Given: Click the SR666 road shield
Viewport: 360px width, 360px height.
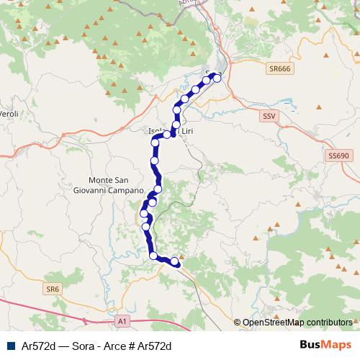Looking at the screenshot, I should pyautogui.click(x=278, y=68).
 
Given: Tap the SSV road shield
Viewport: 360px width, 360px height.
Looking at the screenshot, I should pyautogui.click(x=269, y=115).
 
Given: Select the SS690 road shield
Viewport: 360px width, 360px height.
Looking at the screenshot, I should pyautogui.click(x=338, y=155).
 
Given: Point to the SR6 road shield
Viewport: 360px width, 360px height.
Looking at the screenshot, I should pyautogui.click(x=51, y=289).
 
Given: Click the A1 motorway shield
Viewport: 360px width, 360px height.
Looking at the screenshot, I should pyautogui.click(x=122, y=320).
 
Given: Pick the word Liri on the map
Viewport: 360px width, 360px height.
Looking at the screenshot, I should pyautogui.click(x=187, y=132).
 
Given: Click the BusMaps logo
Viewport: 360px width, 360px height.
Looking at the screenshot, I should pyautogui.click(x=326, y=345).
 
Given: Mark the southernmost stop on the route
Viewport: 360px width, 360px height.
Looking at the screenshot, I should pyautogui.click(x=174, y=261).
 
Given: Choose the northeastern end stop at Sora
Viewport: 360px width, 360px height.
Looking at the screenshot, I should pyautogui.click(x=217, y=78).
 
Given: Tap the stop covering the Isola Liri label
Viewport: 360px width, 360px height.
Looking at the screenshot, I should pyautogui.click(x=167, y=134).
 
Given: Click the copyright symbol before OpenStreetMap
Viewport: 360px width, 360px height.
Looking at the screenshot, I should pyautogui.click(x=238, y=323).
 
